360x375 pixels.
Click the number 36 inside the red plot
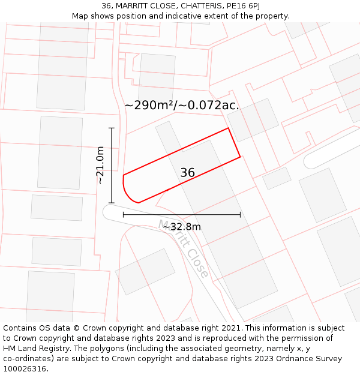(x=187, y=173)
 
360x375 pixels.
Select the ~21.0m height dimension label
(x=100, y=165)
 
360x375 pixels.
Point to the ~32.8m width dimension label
(x=182, y=226)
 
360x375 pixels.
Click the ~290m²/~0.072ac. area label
(x=181, y=106)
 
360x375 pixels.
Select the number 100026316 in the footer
(x=24, y=369)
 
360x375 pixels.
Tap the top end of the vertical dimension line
(x=111, y=128)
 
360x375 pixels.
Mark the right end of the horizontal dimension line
(x=241, y=214)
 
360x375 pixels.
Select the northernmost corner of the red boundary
(x=228, y=128)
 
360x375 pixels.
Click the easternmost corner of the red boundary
(x=240, y=157)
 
